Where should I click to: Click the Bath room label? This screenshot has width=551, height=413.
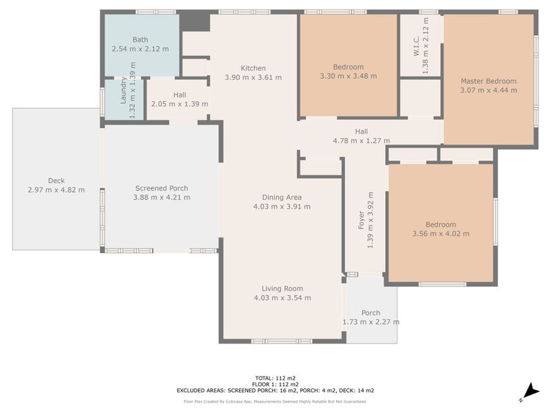coord(141,40)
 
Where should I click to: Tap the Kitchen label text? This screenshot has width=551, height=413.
coord(253,68)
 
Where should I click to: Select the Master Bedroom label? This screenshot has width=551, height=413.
coord(488,81)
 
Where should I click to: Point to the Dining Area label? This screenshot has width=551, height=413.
coord(282,198)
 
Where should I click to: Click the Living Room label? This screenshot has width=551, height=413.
coord(282,288)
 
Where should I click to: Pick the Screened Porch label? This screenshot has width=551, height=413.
coord(162,188)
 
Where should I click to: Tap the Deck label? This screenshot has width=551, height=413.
coord(56,180)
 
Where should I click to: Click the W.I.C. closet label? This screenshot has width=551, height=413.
coord(417,45)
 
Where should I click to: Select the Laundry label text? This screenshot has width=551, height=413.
coord(123,90)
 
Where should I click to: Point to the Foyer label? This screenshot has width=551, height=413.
coord(361,220)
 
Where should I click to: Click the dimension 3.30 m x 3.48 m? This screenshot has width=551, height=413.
coord(349,76)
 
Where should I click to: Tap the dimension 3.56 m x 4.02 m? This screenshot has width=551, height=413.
coord(441,233)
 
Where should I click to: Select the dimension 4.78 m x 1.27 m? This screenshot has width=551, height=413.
coord(361,141)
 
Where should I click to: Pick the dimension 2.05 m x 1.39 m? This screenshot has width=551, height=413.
coord(180,104)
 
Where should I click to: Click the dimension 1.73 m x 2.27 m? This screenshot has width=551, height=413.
coord(371,322)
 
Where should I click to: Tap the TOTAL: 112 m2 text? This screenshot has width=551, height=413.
coord(275,378)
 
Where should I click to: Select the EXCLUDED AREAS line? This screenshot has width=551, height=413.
coord(275,390)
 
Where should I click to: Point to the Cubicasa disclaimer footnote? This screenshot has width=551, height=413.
coord(275,401)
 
